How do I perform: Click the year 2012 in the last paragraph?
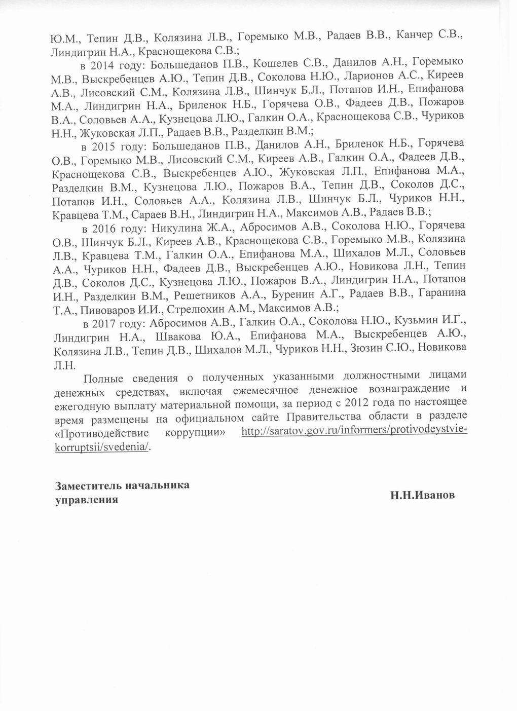[x=343, y=403]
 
